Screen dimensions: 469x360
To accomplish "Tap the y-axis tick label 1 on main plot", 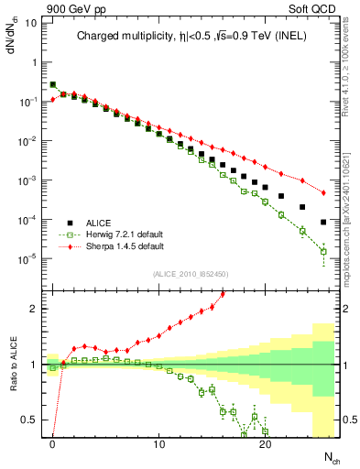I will point(35,62).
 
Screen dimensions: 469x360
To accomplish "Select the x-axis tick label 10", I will point(159,445).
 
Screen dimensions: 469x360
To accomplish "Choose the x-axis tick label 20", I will point(266,445).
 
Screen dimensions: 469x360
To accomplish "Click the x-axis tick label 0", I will point(53,445).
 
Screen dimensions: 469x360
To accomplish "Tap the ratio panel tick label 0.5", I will point(32,420).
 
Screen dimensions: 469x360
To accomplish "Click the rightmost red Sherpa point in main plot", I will point(323,193).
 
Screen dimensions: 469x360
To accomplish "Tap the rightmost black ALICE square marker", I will point(323,222).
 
